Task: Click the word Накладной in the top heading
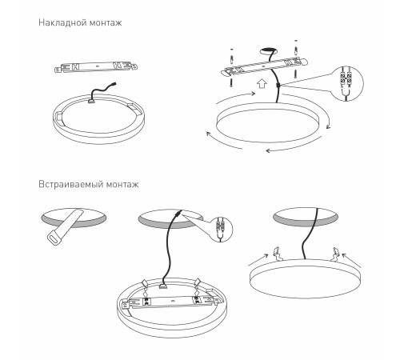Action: [62, 22]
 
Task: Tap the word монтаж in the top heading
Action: [106, 23]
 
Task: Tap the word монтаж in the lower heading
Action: [122, 185]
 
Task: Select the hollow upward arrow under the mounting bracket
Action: [262, 83]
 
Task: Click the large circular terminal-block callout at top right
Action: [348, 82]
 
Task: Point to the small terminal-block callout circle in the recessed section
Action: [221, 230]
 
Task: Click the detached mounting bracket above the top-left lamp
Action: [96, 66]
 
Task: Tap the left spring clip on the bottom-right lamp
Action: [278, 254]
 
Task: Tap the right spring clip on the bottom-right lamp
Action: [334, 254]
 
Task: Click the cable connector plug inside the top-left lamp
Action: [92, 101]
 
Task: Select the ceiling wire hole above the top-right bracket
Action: [268, 50]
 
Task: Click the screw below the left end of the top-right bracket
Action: [231, 82]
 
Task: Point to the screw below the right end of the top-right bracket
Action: [296, 74]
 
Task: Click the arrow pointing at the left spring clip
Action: [258, 260]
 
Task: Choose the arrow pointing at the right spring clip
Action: [351, 260]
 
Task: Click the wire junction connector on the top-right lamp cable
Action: [278, 86]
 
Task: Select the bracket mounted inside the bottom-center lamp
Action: [172, 302]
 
